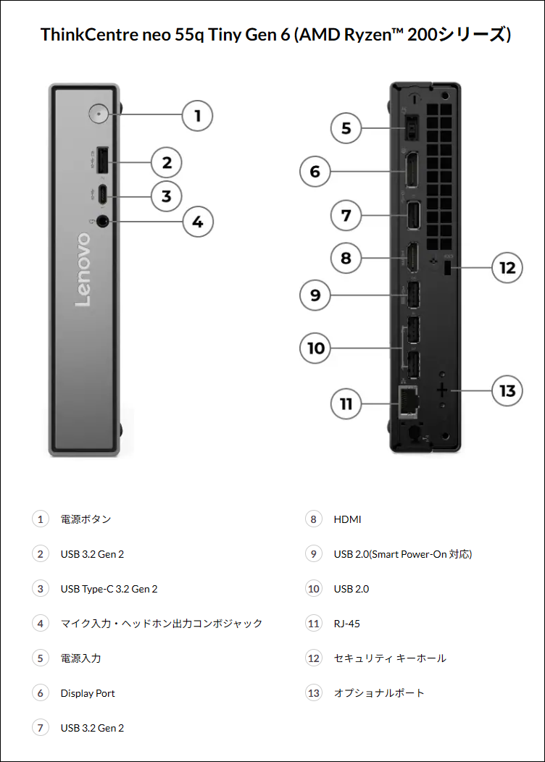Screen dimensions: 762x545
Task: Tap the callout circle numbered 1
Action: (197, 115)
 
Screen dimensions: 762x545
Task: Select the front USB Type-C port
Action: (103, 195)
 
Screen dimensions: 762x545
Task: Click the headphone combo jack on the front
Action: (102, 221)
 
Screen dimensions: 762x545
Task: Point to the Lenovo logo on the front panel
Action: (83, 269)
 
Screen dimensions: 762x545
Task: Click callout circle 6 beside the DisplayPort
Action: (315, 172)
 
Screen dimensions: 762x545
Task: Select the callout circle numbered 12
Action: (507, 268)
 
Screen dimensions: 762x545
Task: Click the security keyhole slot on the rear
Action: (447, 268)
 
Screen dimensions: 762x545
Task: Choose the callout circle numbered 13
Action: (507, 390)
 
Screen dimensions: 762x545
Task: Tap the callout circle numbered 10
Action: (315, 348)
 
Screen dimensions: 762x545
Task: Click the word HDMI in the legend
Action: (347, 519)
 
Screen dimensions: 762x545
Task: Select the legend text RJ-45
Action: (346, 624)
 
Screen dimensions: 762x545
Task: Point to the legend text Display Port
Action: (88, 693)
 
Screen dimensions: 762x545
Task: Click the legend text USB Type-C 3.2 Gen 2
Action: (109, 589)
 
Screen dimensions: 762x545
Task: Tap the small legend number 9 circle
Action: (313, 554)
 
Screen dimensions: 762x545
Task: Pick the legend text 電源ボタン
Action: (86, 519)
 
